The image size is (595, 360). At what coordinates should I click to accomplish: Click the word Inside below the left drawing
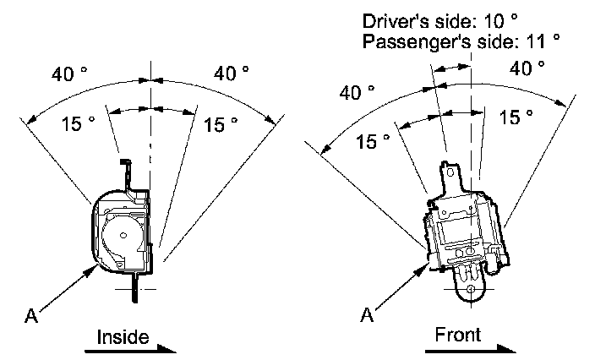pyautogui.click(x=123, y=337)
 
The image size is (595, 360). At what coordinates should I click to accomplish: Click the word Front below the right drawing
pyautogui.click(x=457, y=335)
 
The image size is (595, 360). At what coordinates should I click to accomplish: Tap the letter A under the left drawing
pyautogui.click(x=31, y=316)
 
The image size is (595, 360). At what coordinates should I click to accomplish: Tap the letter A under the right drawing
pyautogui.click(x=367, y=315)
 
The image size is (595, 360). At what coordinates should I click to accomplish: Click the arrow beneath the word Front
pyautogui.click(x=473, y=347)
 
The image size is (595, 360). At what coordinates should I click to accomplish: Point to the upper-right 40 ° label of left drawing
pyautogui.click(x=231, y=74)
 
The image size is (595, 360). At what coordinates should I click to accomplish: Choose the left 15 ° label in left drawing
pyautogui.click(x=78, y=124)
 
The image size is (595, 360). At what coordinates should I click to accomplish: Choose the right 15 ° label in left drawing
pyautogui.click(x=221, y=125)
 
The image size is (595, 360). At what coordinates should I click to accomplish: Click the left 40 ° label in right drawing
pyautogui.click(x=357, y=92)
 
